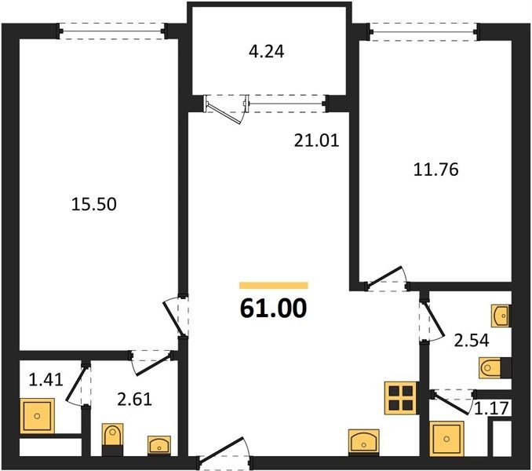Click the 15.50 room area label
(94, 204)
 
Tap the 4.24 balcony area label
(266, 52)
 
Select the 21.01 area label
(316, 141)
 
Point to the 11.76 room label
(436, 170)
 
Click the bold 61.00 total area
(273, 309)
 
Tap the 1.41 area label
(46, 379)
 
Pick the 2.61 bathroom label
(134, 399)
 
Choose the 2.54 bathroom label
(472, 341)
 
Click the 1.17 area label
(492, 408)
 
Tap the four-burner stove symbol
(401, 398)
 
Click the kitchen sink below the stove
(364, 441)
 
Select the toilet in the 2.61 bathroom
(113, 436)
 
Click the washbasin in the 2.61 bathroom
(159, 445)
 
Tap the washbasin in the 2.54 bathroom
(501, 316)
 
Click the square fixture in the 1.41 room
(38, 416)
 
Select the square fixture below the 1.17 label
(446, 439)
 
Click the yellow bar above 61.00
(274, 286)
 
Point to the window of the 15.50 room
(112, 31)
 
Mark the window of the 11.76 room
(424, 32)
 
